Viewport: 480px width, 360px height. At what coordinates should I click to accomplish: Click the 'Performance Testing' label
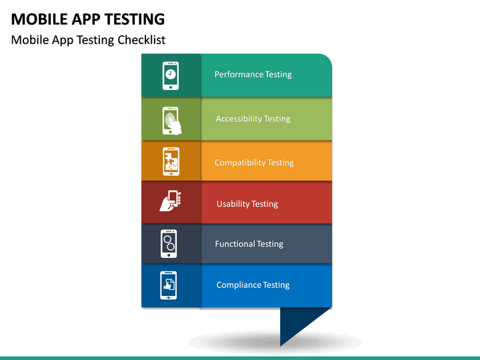[x=253, y=75]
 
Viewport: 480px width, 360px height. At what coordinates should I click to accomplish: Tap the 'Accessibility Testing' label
[x=253, y=119]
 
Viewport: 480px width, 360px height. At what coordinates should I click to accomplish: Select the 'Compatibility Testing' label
[x=254, y=163]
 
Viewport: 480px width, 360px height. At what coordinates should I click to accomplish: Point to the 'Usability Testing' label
[x=247, y=204]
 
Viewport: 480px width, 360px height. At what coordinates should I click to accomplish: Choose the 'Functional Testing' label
[x=249, y=244]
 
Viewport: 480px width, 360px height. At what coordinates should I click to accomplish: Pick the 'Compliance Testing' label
[x=253, y=285]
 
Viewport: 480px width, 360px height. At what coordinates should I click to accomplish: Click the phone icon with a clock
[x=171, y=75]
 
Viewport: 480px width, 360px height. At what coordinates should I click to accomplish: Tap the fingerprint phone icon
[x=171, y=120]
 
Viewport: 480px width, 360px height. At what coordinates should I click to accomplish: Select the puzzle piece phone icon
[x=171, y=162]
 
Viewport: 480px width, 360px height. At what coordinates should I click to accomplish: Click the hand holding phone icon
[x=170, y=201]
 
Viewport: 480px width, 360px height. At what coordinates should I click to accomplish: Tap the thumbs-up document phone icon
[x=169, y=285]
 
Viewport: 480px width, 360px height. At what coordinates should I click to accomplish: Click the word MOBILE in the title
[x=37, y=19]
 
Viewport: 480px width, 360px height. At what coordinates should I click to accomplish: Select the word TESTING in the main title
[x=133, y=19]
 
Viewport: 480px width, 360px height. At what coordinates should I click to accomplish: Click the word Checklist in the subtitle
[x=141, y=40]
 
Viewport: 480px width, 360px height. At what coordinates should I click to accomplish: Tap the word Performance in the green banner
[x=239, y=75]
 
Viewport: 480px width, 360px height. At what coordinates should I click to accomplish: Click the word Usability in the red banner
[x=233, y=204]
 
